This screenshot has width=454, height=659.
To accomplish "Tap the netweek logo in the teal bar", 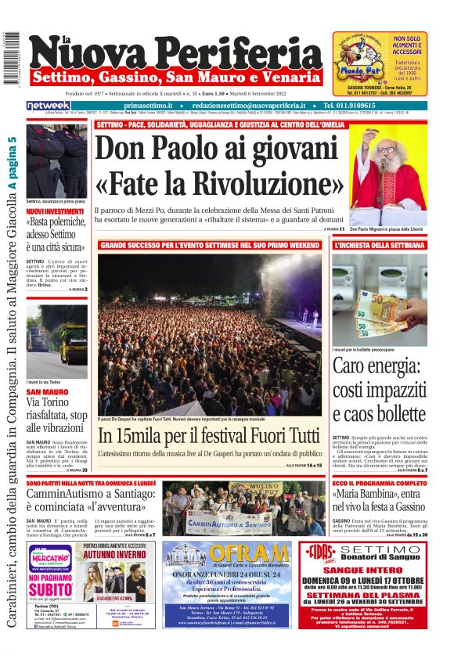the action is coord(48,106).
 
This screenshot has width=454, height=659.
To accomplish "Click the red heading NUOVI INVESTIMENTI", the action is coord(55,211).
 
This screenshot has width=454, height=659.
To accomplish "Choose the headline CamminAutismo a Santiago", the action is coord(90,495).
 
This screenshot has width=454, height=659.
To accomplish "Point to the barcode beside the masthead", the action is coord(12,59).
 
